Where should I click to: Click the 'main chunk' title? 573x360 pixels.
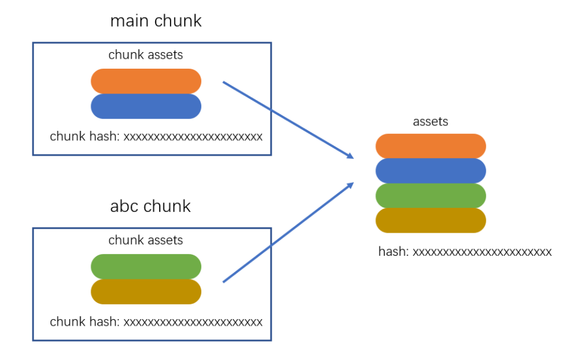pos(156,21)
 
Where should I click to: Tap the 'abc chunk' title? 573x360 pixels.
pos(150,206)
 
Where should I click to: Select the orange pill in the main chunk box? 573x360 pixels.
pos(146,81)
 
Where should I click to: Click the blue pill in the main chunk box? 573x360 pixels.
pos(146,107)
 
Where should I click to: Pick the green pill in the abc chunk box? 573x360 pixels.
pos(146,267)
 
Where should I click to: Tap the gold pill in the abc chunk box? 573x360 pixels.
pos(146,292)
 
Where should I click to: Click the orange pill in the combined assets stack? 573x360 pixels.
pos(430,146)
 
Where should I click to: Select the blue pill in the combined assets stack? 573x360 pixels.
pos(430,171)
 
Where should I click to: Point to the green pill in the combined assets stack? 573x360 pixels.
pos(430,196)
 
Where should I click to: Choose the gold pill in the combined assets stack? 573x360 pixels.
pos(430,220)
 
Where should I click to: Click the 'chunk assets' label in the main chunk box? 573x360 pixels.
pos(146,55)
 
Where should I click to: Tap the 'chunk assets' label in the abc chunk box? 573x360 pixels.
pos(146,240)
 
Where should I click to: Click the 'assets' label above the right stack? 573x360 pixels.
pos(430,122)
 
